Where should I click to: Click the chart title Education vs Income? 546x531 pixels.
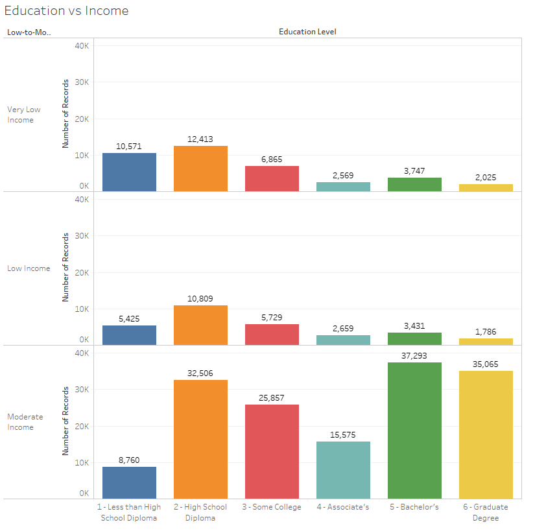tap(67, 11)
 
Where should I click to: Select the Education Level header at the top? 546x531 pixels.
tap(307, 32)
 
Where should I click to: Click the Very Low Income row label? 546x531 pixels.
tap(24, 115)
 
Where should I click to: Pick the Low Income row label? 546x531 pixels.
tap(29, 268)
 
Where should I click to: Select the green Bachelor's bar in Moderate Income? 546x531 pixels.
tap(414, 431)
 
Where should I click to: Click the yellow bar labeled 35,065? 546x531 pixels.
tap(486, 434)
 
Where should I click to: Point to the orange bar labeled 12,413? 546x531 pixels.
tap(200, 169)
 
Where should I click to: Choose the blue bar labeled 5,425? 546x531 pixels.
tap(129, 335)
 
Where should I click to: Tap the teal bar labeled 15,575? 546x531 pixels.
tap(343, 470)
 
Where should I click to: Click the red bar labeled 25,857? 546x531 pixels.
tap(272, 451)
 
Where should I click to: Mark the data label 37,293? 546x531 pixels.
tap(414, 356)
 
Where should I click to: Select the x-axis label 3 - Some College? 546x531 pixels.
tap(272, 507)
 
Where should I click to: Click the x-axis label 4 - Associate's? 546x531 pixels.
tap(343, 507)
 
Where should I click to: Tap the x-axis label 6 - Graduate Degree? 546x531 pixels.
tap(486, 512)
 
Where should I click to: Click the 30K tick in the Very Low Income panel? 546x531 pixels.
tap(83, 82)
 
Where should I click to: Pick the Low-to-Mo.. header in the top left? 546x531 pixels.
tap(29, 32)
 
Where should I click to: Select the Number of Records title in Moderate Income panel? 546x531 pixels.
tap(65, 421)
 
